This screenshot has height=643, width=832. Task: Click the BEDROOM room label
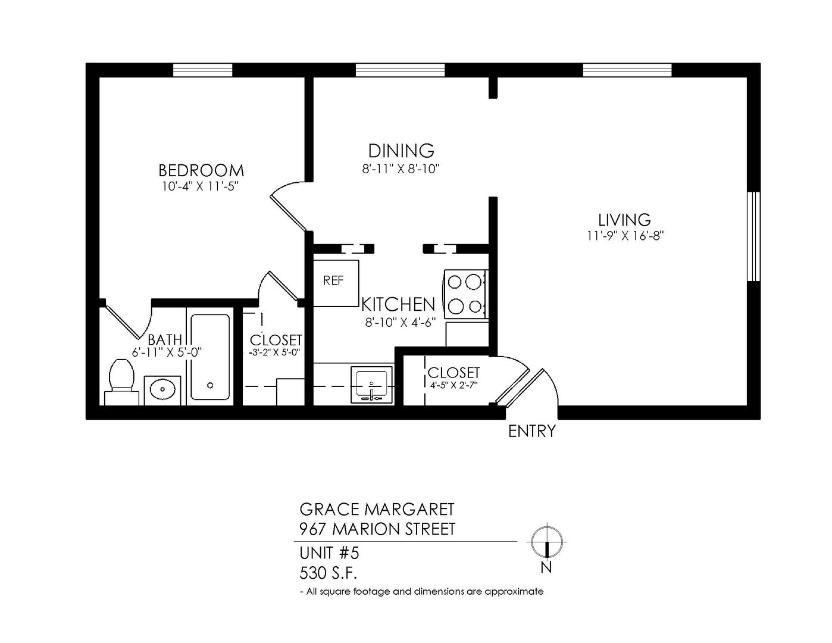201,170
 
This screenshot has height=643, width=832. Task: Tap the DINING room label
401,151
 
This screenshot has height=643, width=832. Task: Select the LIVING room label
624,220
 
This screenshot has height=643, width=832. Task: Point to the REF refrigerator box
336,283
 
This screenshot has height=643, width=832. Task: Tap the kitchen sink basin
372,385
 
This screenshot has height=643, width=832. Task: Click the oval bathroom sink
162,390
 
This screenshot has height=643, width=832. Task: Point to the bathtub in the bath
210,357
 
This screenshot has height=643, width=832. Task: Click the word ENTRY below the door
532,431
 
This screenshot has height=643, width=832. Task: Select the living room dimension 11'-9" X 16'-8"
625,236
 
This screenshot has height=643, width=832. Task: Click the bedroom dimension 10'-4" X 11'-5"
200,186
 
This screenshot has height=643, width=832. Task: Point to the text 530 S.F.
329,573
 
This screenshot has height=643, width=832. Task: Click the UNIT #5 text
329,553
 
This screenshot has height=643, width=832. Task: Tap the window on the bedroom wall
202,70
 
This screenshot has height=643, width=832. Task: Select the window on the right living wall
753,237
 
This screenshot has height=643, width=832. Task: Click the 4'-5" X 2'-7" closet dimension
453,385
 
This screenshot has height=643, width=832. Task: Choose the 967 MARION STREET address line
377,529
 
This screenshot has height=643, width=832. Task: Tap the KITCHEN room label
398,304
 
